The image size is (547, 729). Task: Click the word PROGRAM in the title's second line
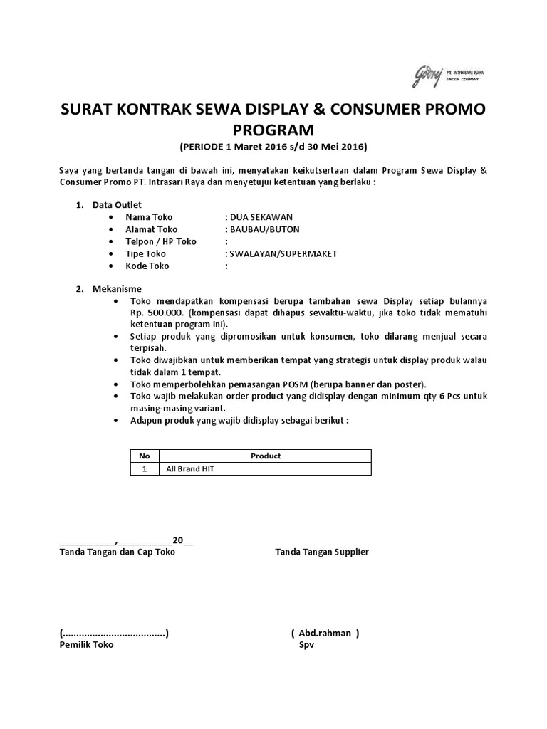[x=273, y=130]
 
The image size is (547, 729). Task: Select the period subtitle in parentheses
[x=273, y=147]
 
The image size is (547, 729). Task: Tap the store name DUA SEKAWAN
[x=259, y=217]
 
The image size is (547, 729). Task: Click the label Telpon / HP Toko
[x=161, y=241]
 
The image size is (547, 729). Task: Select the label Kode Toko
[x=147, y=266]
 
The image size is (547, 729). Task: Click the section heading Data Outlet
[x=118, y=205]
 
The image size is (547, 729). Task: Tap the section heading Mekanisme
[x=117, y=289]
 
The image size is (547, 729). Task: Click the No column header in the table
[x=145, y=456]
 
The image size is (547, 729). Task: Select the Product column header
[x=266, y=456]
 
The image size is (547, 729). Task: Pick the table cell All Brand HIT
[x=190, y=469]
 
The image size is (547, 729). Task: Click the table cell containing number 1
[x=145, y=469]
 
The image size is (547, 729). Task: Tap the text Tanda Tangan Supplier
[x=322, y=552]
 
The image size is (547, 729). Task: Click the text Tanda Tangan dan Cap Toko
[x=117, y=552]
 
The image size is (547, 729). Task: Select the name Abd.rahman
[x=325, y=633]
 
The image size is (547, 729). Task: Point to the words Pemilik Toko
[x=85, y=644]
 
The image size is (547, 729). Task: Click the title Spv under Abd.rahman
[x=306, y=644]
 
